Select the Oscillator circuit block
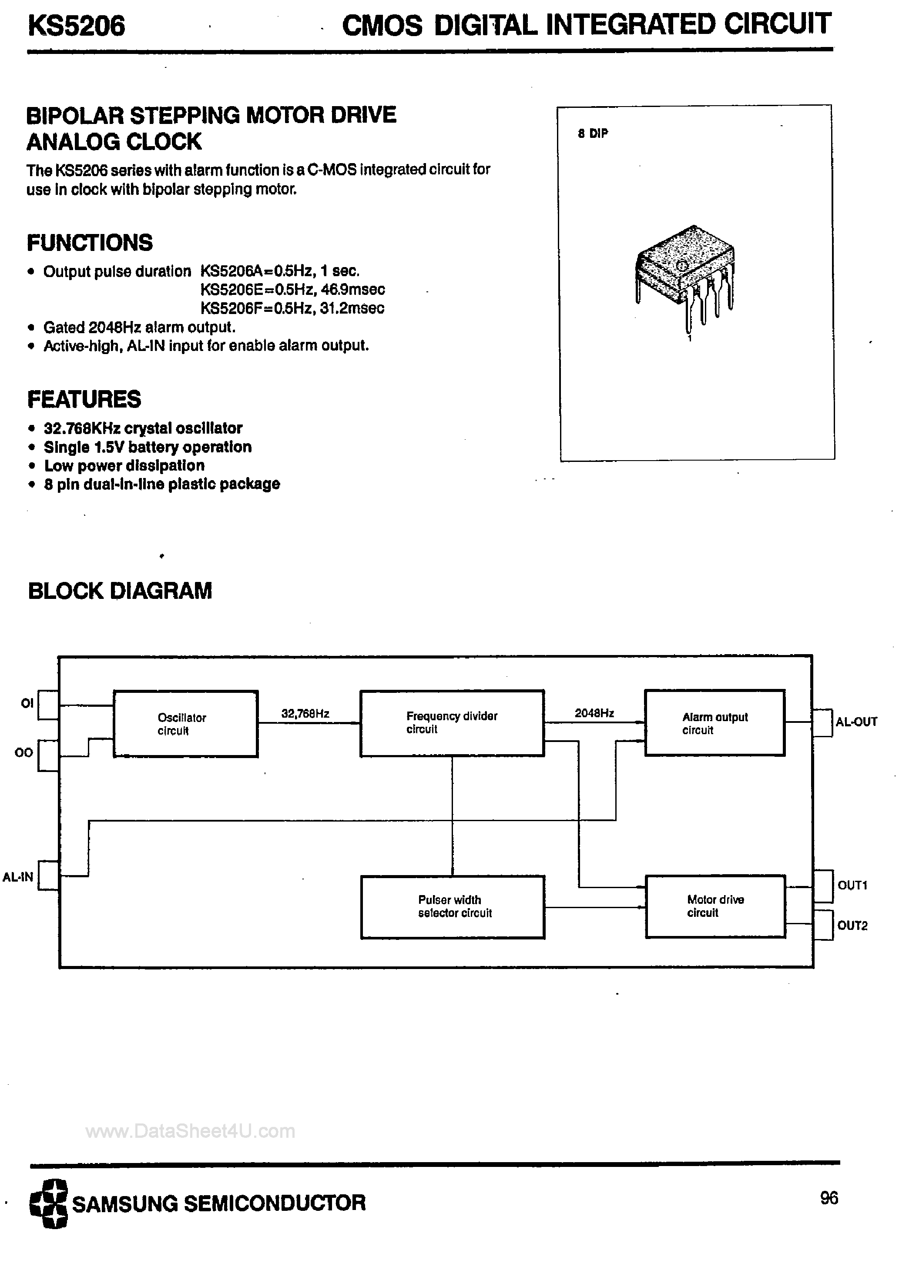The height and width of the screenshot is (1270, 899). (x=185, y=723)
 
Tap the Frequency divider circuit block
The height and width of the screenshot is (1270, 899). (x=452, y=723)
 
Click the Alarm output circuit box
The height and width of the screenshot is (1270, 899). (x=715, y=723)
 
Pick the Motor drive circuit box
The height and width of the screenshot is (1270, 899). (x=715, y=906)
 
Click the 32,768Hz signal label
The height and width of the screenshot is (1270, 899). (x=305, y=714)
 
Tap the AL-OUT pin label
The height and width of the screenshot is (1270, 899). (x=856, y=722)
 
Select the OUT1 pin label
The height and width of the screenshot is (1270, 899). (x=852, y=885)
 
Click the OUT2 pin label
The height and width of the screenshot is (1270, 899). (x=852, y=926)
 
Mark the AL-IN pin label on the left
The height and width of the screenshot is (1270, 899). (x=18, y=877)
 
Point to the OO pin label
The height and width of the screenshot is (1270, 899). (x=24, y=753)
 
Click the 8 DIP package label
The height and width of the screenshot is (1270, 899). (x=592, y=133)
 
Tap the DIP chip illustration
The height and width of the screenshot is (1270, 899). (x=685, y=274)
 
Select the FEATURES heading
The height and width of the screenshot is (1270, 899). (x=84, y=399)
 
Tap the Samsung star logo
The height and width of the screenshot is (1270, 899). (x=48, y=1203)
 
